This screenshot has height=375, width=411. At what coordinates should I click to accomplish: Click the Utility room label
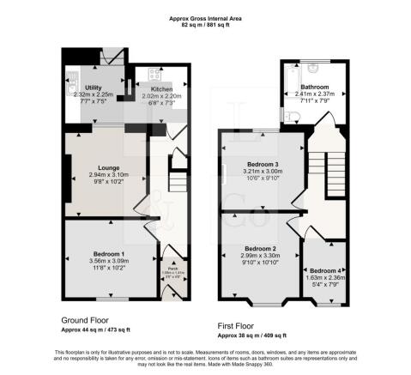coord(94,88)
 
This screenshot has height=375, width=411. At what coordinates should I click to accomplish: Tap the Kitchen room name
coord(162,88)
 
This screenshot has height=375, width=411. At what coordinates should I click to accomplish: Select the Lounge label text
coord(107,167)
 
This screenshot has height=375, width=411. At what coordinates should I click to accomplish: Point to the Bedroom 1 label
coord(109,254)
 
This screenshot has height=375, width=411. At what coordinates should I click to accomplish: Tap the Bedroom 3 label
coord(263,163)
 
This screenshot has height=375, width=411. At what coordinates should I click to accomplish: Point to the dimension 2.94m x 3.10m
coord(107,175)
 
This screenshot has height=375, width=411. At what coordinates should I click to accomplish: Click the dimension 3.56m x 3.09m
coord(109,262)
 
